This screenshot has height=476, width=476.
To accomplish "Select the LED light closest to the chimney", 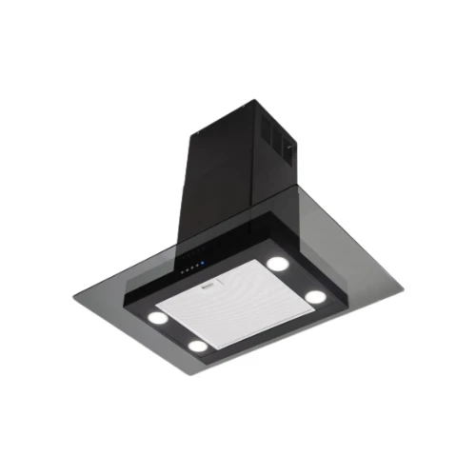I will coord(277,263).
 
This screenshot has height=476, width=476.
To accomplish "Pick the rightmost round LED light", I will coord(313,296).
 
